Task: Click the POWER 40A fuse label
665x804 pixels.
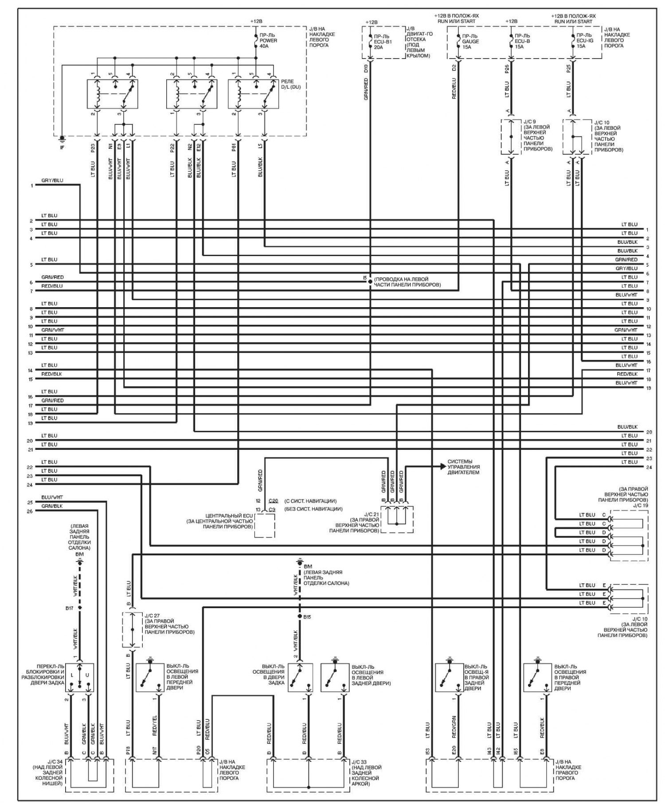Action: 269,40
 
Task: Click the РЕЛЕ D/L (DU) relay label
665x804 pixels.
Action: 290,84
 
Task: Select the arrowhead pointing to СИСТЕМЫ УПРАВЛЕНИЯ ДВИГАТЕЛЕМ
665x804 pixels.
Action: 443,466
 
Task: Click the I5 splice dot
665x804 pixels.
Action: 370,281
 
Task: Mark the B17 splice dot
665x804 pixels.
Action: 80,608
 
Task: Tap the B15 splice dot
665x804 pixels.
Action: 300,617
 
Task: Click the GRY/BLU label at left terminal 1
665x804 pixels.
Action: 52,181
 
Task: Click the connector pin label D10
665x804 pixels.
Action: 366,69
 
